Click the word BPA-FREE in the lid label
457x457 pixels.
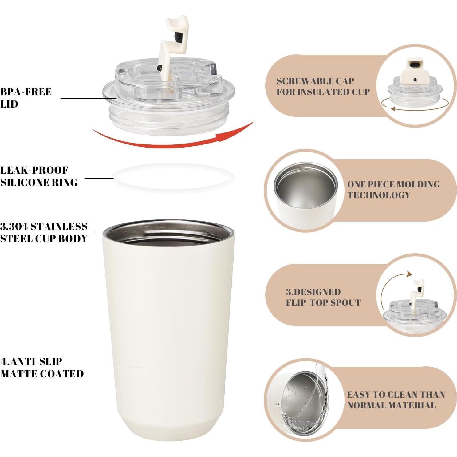[x=26, y=92]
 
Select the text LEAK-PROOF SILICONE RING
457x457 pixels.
[x=39, y=176]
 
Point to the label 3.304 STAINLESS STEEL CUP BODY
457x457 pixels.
[x=44, y=233]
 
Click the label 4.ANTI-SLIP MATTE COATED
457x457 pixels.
[x=42, y=368]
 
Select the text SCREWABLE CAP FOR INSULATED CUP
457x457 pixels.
[x=323, y=86]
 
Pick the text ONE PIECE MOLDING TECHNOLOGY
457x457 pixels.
[x=393, y=190]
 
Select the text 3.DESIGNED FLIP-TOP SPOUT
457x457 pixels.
[x=323, y=297]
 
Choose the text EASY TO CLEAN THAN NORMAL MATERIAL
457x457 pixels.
[x=396, y=400]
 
